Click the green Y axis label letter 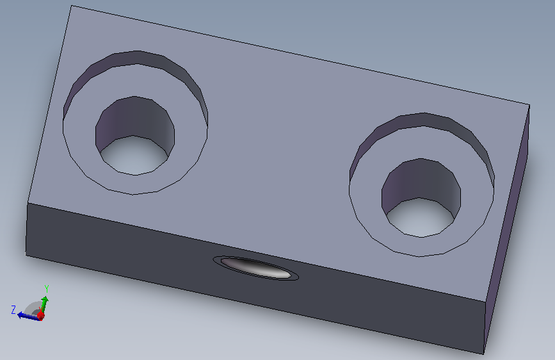tap(46, 289)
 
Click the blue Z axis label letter tap(13, 310)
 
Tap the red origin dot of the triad tap(41, 315)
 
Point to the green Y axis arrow tap(44, 305)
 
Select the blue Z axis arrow tap(28, 316)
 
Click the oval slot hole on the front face tap(255, 268)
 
